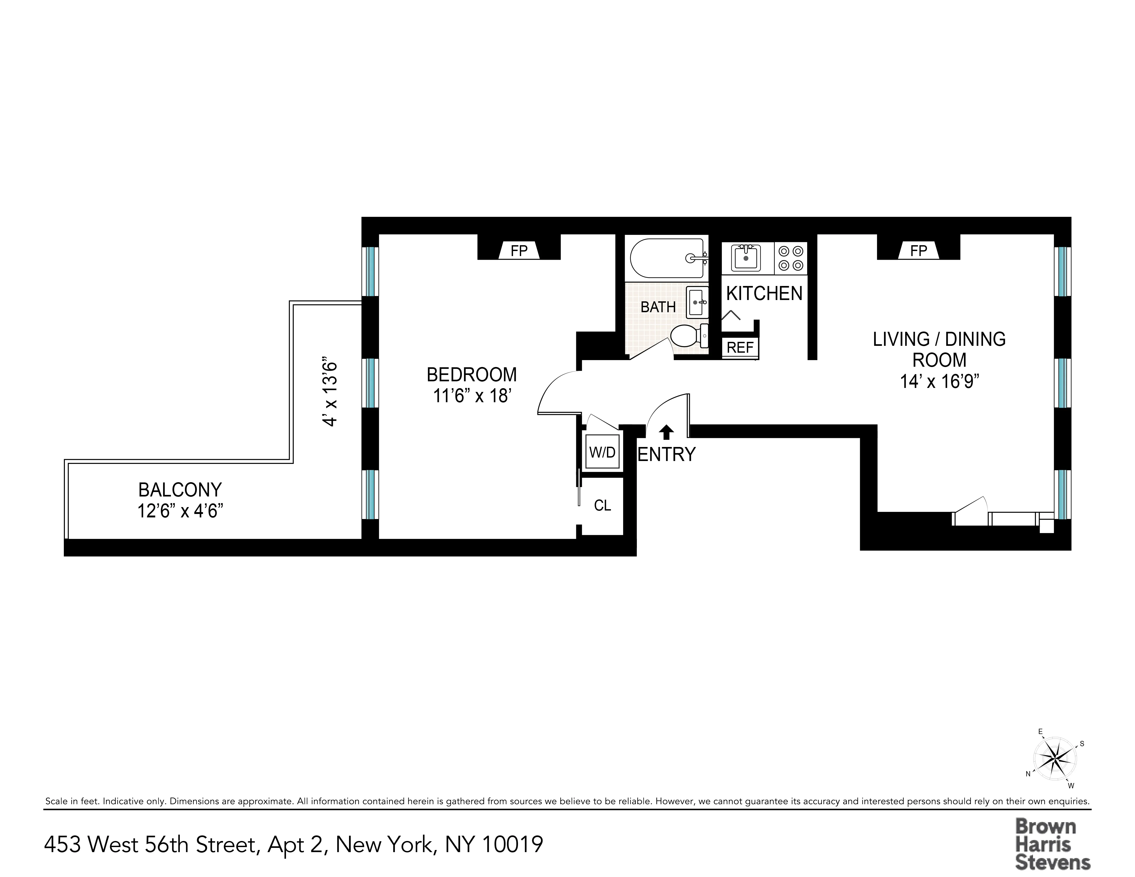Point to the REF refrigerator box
pos(740,347)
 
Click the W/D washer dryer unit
pos(602,452)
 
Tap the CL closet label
pos(602,505)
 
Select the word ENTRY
pos(666,455)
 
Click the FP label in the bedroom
pos(519,251)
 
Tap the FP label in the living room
pos(918,251)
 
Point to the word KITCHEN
pos(764,294)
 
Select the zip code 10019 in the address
pos(512,844)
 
